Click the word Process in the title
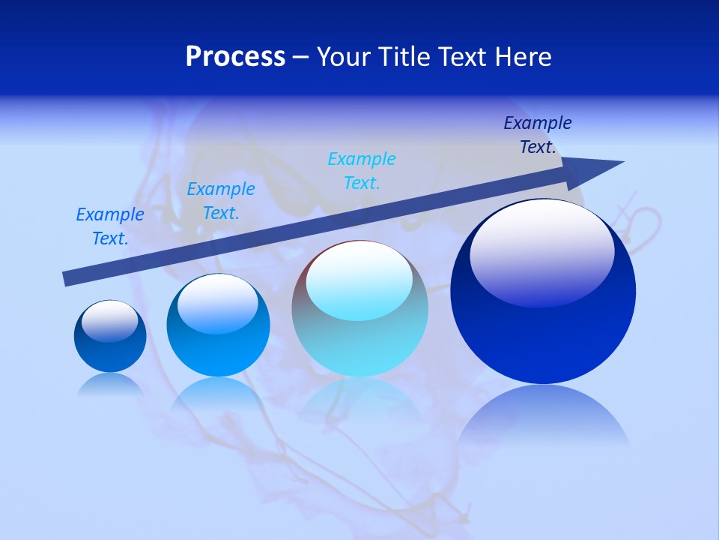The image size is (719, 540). coord(235,56)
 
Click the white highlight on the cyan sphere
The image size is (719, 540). coord(359,279)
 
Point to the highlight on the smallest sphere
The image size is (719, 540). coord(110,321)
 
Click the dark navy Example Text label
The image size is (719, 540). coord(538,135)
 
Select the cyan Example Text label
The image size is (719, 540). coord(362,170)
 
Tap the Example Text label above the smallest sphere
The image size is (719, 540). coord(110,226)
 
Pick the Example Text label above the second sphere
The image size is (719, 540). coord(221,201)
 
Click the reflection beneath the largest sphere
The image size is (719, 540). coord(543,416)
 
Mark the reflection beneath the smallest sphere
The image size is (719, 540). coord(110,384)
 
